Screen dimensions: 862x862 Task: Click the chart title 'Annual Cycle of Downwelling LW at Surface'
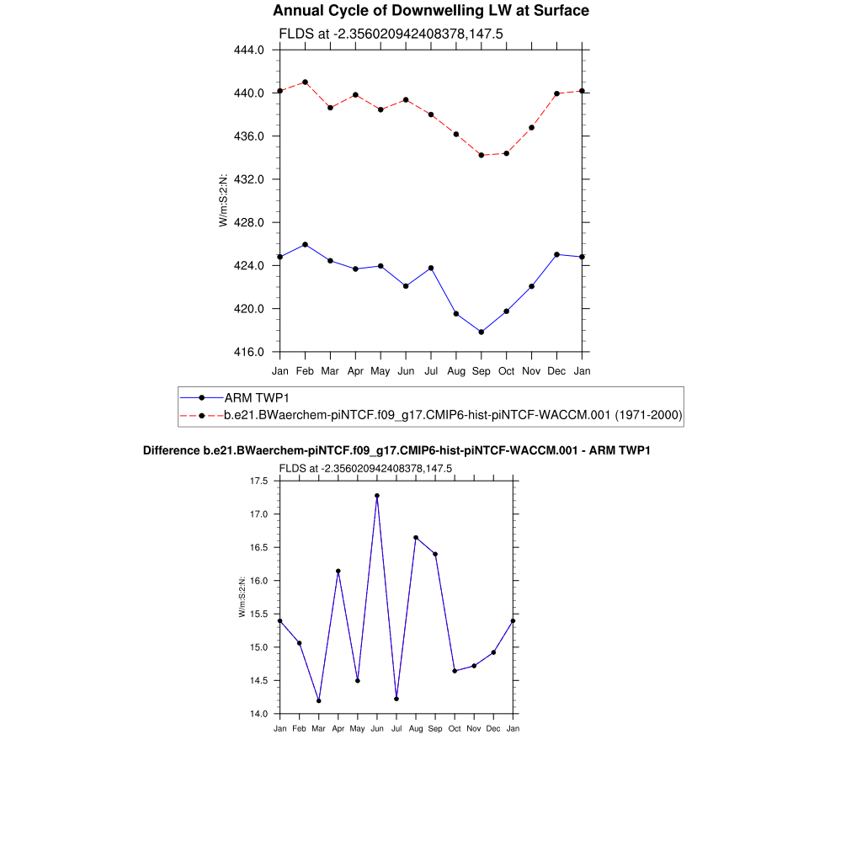coord(431,11)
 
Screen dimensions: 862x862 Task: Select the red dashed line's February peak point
coord(305,82)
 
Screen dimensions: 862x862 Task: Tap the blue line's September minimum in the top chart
coord(482,332)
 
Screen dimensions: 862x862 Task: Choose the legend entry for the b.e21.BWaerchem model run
coord(453,415)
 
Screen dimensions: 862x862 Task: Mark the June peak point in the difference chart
coord(377,496)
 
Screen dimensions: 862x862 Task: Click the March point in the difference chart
coord(319,700)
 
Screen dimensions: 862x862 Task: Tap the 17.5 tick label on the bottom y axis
coord(258,481)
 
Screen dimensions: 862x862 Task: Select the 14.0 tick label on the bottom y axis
coord(258,714)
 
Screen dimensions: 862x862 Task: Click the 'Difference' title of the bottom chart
coord(396,451)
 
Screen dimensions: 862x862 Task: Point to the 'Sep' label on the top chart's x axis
coord(482,370)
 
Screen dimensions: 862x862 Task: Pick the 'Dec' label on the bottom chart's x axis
coord(493,728)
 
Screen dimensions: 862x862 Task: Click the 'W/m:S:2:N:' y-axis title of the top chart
coord(223,200)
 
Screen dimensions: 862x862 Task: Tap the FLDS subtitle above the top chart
coord(391,34)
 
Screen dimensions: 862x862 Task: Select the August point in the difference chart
coord(416,537)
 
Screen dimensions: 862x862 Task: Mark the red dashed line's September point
coord(482,155)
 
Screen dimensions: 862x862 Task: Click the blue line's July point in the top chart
coord(431,268)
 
